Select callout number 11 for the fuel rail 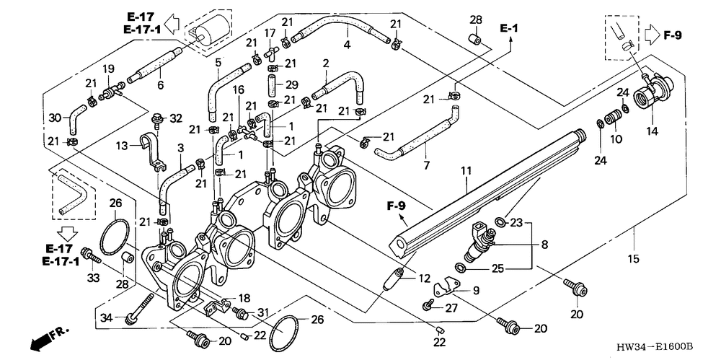[466, 171]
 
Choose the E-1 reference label [510, 27]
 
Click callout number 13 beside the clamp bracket [121, 146]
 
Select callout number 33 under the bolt [92, 277]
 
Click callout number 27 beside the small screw [451, 307]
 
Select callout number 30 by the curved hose [55, 118]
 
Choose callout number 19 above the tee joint [109, 69]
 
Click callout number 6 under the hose [159, 85]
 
